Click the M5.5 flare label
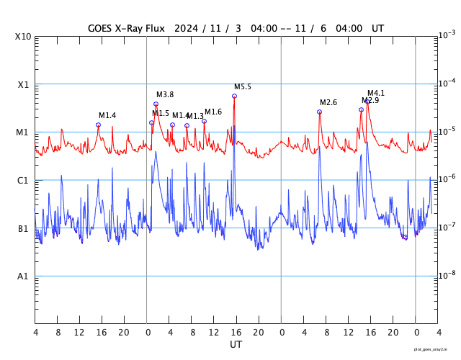point(243,87)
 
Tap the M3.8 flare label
point(165,95)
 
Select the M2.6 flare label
point(328,102)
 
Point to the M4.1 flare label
point(376,94)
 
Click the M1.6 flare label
point(213,112)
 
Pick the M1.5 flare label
point(161,113)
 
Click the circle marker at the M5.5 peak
point(234,96)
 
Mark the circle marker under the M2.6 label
point(319,112)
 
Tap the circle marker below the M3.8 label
point(156,104)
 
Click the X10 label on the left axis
point(23,37)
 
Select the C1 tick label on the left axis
point(23,181)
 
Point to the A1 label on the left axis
point(23,276)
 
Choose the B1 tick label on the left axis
point(23,229)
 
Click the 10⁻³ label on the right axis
point(447,35)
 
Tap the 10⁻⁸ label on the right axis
point(447,275)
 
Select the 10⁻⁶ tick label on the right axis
point(447,179)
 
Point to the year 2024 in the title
point(187,28)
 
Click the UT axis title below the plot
point(236,345)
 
